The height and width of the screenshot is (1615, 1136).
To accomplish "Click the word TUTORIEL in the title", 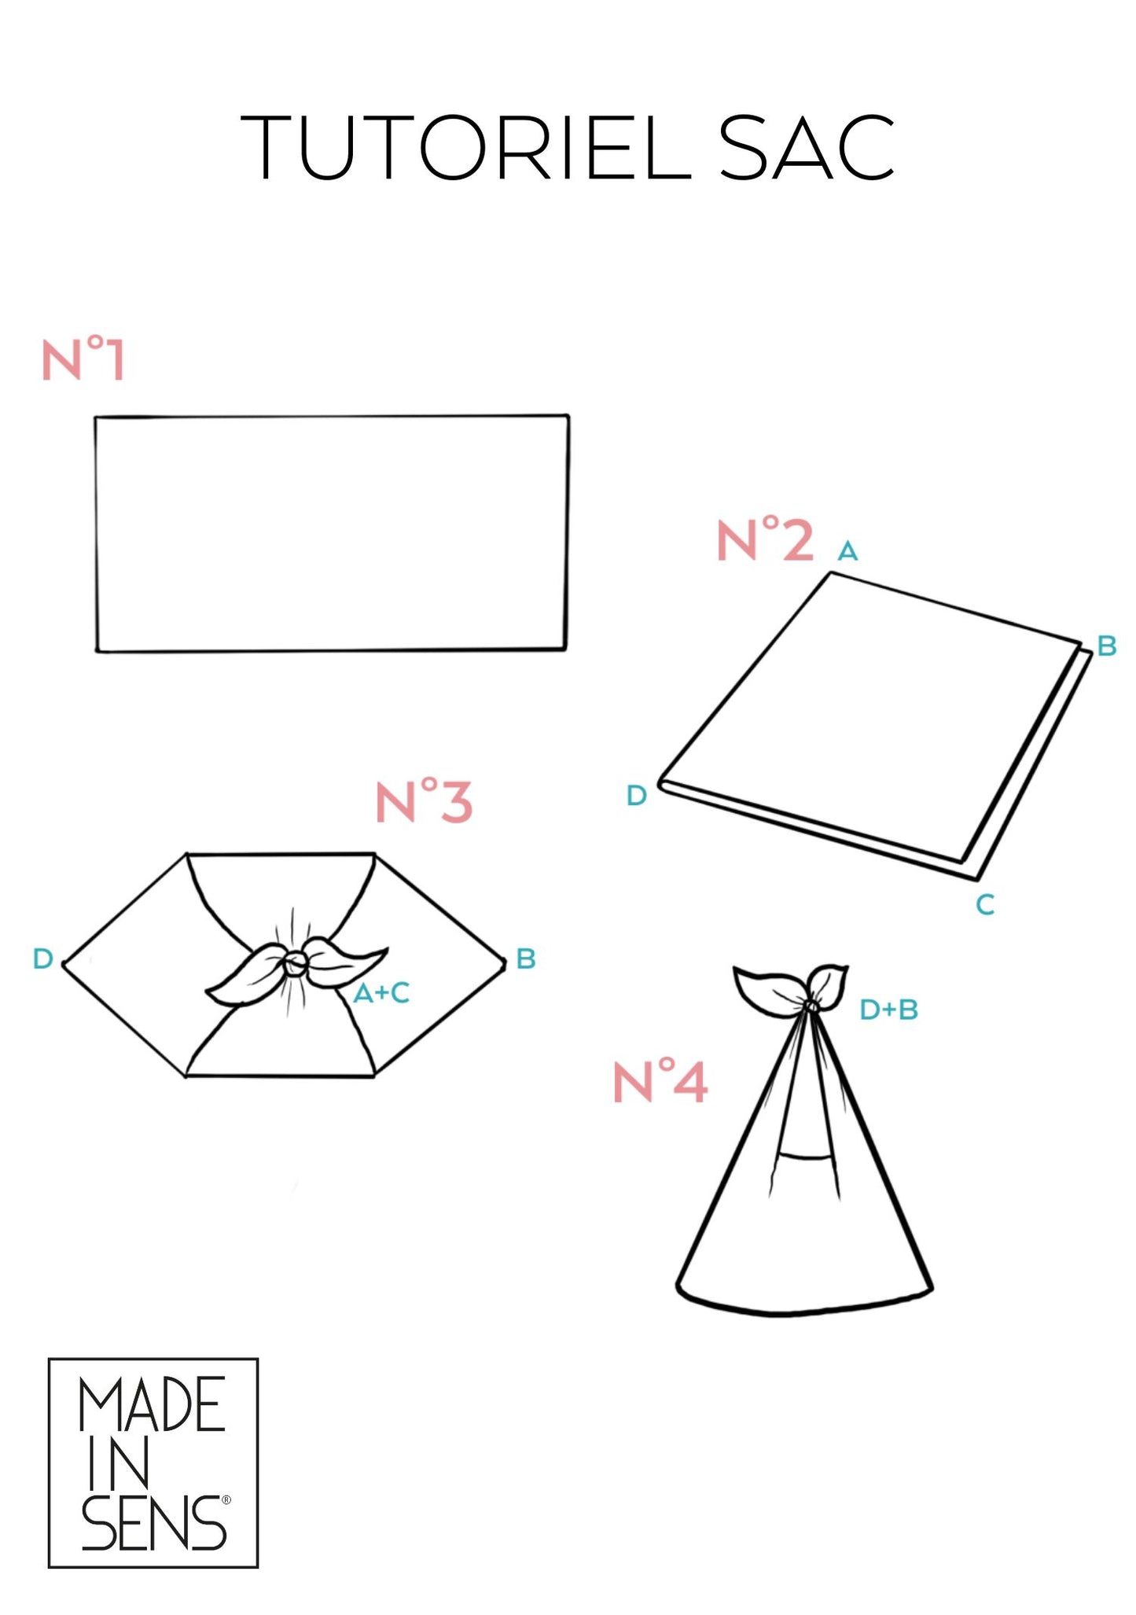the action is click(465, 147).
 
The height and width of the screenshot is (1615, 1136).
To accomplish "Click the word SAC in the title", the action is click(807, 147).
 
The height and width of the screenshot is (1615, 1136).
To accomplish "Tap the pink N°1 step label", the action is click(83, 359).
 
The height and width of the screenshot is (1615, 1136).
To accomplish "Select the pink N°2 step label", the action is click(765, 540).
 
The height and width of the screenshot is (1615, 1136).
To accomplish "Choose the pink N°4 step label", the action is click(660, 1081).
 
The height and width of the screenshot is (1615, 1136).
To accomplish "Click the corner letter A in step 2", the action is click(847, 551).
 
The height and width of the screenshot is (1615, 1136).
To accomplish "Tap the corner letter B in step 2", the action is click(1107, 646).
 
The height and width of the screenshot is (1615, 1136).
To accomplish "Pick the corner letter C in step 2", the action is click(985, 905).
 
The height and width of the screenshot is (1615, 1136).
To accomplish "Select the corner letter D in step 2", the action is click(637, 796).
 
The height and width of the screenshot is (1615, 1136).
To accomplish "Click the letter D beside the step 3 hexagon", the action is click(43, 958).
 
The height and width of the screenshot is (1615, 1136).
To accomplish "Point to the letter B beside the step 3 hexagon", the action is click(526, 958).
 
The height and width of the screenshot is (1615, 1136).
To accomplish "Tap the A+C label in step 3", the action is click(381, 993).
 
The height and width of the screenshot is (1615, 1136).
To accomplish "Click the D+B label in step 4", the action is click(889, 1010).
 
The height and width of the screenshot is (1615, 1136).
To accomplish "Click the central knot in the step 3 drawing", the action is click(296, 961).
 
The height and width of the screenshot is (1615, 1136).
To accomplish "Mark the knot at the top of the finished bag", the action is click(811, 1005).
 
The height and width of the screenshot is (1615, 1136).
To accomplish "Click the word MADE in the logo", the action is click(153, 1404).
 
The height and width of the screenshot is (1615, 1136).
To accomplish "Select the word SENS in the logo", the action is click(154, 1523).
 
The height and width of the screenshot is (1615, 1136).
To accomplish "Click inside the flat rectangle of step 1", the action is click(331, 533).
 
